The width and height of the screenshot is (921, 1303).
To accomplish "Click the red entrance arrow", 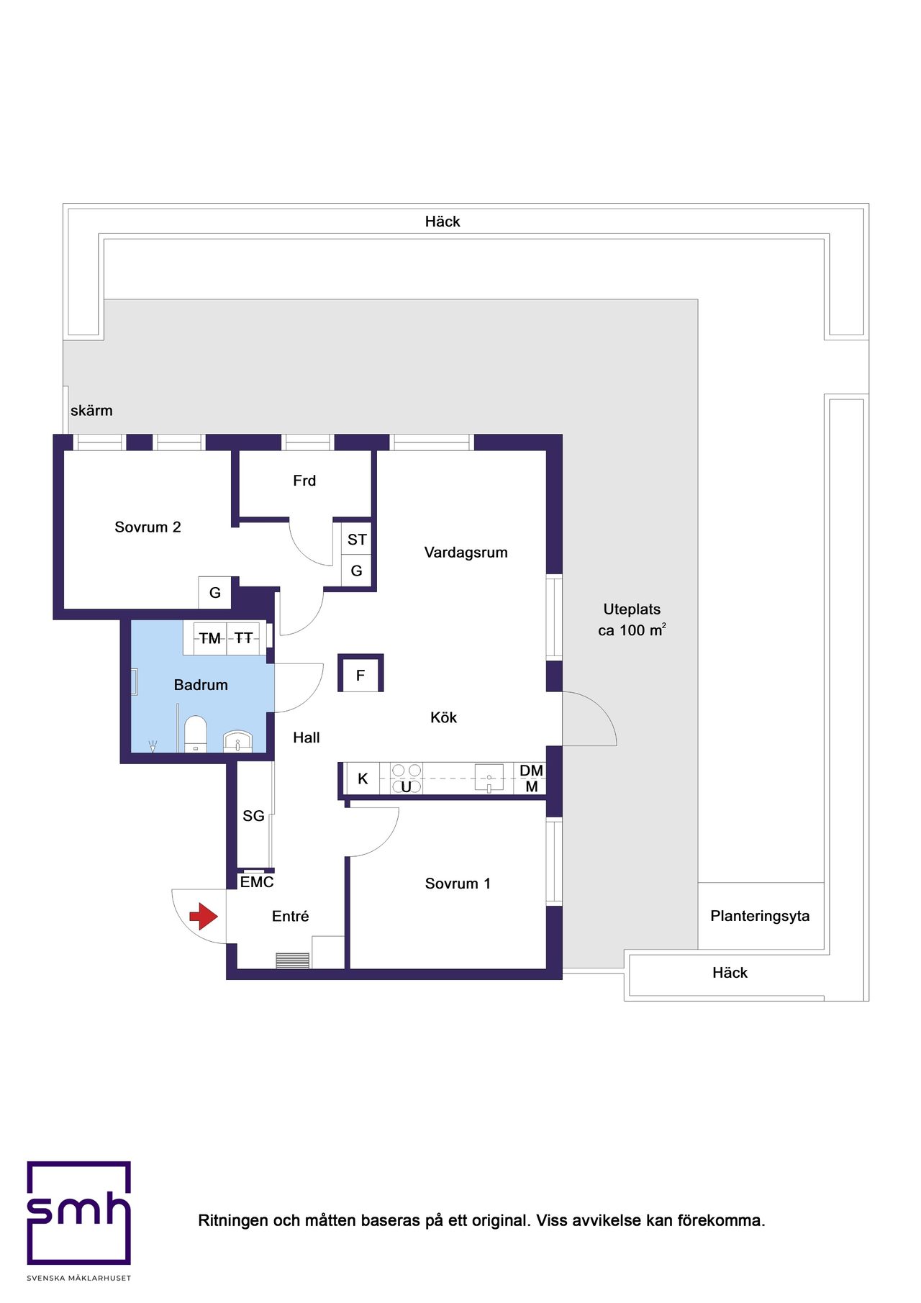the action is click(204, 917).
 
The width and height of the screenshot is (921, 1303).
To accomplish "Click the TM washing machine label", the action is click(210, 638).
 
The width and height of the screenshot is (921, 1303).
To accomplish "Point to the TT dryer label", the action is click(244, 638).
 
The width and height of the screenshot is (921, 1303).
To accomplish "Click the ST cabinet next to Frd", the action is click(357, 539).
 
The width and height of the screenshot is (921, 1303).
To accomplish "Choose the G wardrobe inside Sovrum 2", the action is click(215, 593).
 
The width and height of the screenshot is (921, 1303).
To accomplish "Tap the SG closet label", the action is click(253, 816).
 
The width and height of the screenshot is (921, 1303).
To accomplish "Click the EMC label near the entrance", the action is click(257, 882).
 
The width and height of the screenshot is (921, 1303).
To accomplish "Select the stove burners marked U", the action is click(407, 779).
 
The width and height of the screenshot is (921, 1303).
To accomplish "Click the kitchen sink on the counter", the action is click(489, 778).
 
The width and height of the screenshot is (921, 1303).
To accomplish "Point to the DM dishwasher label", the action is click(532, 771).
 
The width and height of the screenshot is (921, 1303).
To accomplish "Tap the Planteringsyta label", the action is click(760, 916).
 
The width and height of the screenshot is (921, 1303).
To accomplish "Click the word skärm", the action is click(91, 411).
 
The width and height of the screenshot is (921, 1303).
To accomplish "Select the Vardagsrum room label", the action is click(466, 553).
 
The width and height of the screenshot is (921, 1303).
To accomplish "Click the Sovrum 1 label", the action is click(458, 884).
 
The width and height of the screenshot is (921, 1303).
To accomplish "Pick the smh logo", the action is click(79, 1213).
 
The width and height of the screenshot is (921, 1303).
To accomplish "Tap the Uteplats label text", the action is click(632, 609).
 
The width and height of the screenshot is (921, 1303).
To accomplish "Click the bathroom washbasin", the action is click(237, 742).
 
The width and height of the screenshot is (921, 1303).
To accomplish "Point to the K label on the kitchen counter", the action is click(363, 779).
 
